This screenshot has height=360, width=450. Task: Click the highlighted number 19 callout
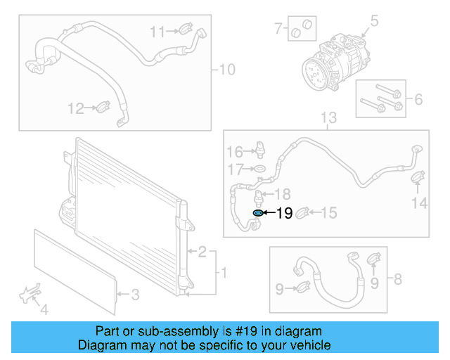(x=284, y=213)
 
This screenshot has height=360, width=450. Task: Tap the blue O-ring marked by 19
(x=258, y=213)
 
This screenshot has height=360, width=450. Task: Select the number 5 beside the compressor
(x=374, y=22)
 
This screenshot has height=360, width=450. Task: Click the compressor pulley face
(x=313, y=72)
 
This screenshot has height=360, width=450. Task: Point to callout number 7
(x=278, y=29)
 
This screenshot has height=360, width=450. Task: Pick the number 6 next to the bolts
(x=418, y=99)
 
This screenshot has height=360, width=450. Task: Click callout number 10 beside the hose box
(x=227, y=70)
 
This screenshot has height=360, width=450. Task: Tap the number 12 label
(x=75, y=108)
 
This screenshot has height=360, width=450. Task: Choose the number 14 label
(x=419, y=203)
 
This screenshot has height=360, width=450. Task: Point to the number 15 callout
(x=329, y=212)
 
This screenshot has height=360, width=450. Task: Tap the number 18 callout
(x=281, y=193)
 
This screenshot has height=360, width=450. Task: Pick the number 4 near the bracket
(x=44, y=309)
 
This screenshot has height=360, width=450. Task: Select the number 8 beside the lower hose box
(x=397, y=280)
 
